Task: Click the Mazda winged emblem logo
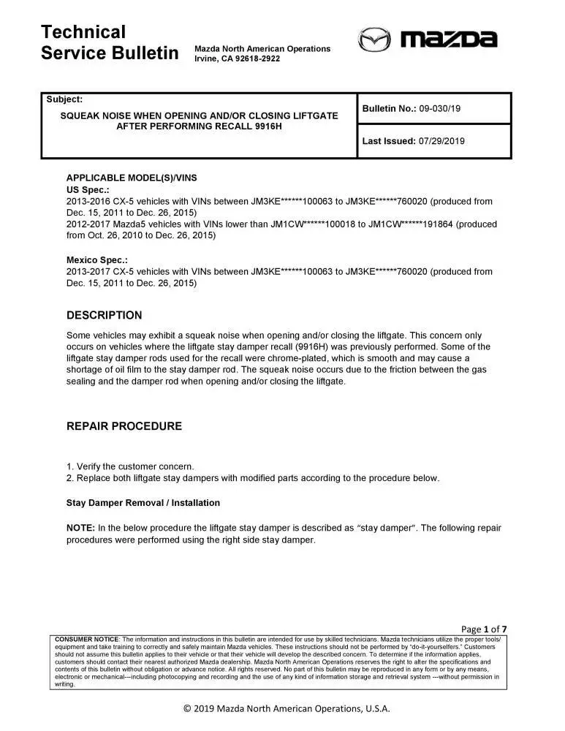(374, 39)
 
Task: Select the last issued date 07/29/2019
(441, 141)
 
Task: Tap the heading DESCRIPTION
(105, 316)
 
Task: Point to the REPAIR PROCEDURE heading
(124, 426)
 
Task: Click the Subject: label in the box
(64, 99)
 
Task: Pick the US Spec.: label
(88, 189)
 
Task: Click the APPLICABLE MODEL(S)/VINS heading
(132, 178)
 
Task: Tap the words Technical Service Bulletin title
(110, 42)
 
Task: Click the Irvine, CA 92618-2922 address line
(237, 58)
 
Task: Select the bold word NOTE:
(80, 528)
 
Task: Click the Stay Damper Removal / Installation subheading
(143, 503)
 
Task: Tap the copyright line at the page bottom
(287, 708)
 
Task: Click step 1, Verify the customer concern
(130, 466)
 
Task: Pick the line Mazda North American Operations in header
(262, 49)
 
